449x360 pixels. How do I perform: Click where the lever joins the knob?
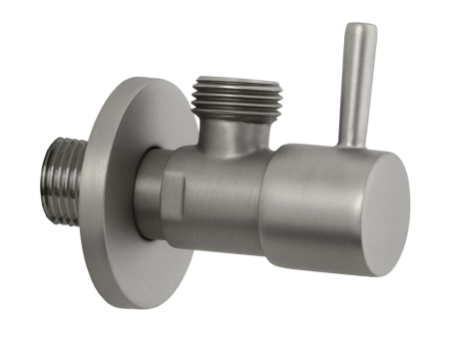[x=351, y=143]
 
